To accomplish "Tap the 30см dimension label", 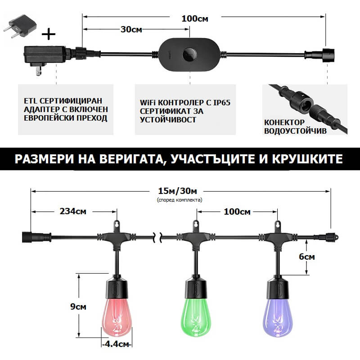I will tap(131, 29).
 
